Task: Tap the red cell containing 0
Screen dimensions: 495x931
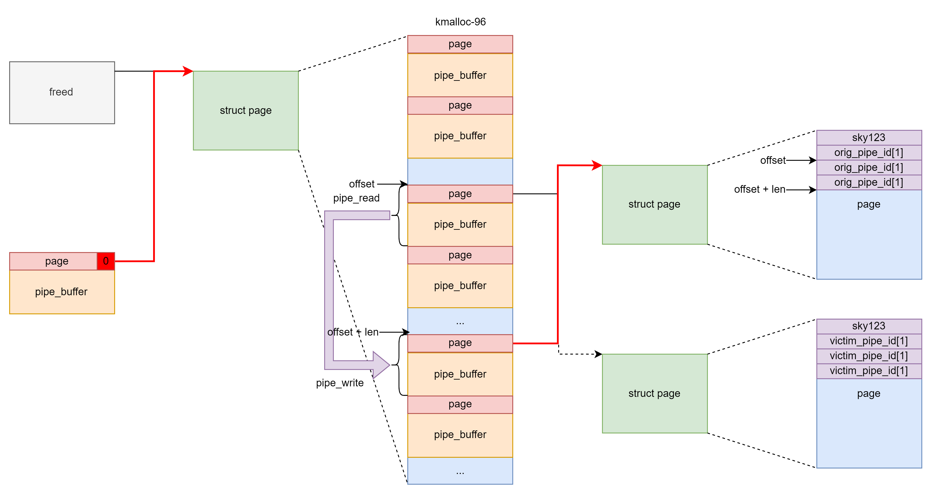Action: coord(105,261)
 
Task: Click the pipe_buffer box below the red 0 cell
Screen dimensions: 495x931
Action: coord(62,292)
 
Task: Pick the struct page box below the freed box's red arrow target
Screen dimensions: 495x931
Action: coord(246,110)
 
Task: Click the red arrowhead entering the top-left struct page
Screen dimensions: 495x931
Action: coord(188,71)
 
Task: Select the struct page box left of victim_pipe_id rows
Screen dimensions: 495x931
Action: coord(654,393)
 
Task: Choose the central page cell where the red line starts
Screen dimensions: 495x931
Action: coord(460,343)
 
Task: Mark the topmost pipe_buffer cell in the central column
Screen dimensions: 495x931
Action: coord(460,75)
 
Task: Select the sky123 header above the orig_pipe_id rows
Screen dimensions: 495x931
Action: coord(869,138)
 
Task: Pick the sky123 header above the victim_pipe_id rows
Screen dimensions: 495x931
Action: coord(869,326)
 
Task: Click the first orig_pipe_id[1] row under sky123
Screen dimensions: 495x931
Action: coord(869,153)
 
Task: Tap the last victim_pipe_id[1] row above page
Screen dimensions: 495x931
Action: coord(869,371)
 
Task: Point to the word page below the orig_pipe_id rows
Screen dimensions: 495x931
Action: coord(869,204)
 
